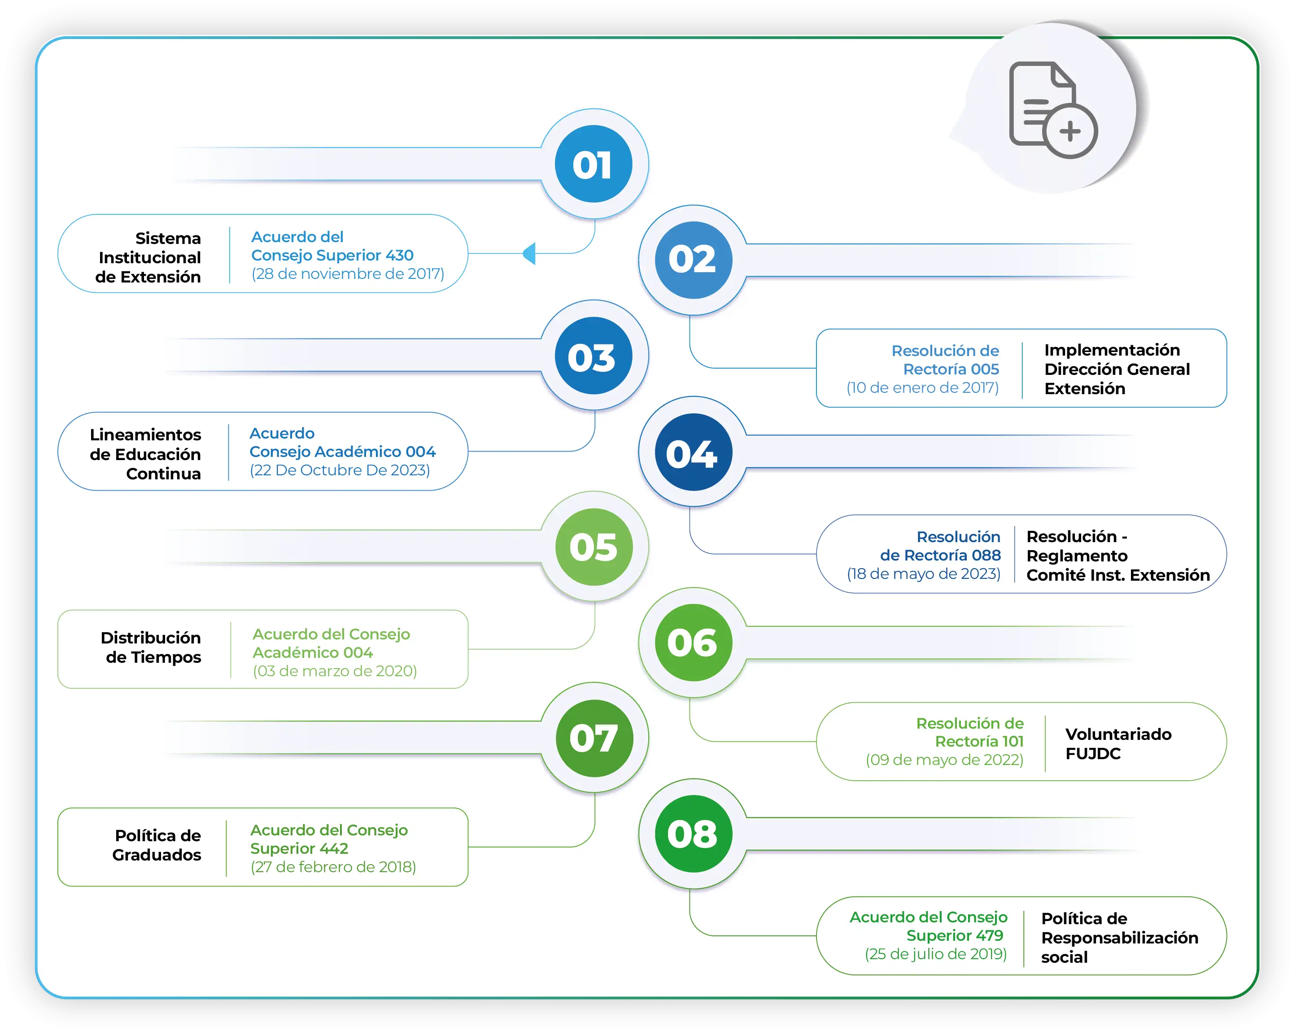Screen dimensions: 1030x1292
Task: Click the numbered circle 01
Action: [x=593, y=164]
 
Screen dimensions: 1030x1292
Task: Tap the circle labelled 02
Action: [x=694, y=260]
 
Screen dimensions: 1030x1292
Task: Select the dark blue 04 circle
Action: [x=694, y=452]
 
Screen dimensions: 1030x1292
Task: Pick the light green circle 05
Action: [x=593, y=547]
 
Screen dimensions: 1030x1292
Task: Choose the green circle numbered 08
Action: [x=694, y=834]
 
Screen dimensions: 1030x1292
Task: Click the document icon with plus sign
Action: [x=1052, y=109]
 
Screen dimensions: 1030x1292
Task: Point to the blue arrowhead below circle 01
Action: [x=530, y=253]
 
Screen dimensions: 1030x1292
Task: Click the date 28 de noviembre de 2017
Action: [x=348, y=274]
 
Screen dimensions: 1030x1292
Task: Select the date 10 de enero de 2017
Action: [x=922, y=387]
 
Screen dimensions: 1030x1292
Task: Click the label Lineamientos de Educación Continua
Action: [x=146, y=454]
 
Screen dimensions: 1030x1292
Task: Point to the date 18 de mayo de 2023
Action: [x=923, y=574]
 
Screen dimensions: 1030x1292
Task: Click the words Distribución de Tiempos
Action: [x=151, y=648]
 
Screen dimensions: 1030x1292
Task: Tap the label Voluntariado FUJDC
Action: [x=1117, y=744]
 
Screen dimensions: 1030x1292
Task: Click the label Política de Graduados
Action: [x=157, y=845]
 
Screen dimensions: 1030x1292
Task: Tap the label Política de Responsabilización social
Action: [x=1119, y=937]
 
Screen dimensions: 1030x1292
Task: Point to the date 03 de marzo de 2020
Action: [x=334, y=671]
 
